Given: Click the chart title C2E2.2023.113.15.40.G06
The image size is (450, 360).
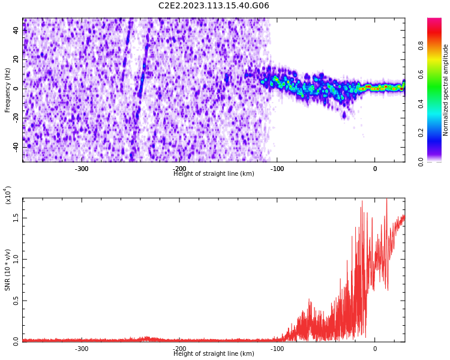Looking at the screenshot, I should pyautogui.click(x=214, y=6).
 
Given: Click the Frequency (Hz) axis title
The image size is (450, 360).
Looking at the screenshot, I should pyautogui.click(x=8, y=90).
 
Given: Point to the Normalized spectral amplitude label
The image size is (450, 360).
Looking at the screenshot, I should pyautogui.click(x=446, y=90).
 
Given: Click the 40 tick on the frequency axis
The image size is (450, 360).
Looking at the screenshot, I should pyautogui.click(x=16, y=31).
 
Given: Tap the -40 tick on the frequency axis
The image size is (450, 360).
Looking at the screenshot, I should pyautogui.click(x=15, y=146).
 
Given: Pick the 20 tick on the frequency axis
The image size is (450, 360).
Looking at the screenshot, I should pyautogui.click(x=16, y=59).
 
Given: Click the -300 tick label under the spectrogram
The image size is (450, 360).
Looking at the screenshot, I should pyautogui.click(x=82, y=169).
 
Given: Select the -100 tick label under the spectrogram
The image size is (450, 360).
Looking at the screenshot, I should pyautogui.click(x=277, y=169).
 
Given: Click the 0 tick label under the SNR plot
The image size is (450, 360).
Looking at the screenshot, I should pyautogui.click(x=375, y=349).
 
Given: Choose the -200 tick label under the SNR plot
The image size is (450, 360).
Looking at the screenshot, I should pyautogui.click(x=179, y=349).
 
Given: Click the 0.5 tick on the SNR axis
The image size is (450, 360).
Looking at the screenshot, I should pyautogui.click(x=16, y=301).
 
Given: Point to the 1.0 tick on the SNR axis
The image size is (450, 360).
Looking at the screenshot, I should pyautogui.click(x=16, y=259).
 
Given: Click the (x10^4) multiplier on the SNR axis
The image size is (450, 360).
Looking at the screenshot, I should pyautogui.click(x=8, y=195).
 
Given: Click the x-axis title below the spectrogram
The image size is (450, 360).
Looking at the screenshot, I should pyautogui.click(x=214, y=174).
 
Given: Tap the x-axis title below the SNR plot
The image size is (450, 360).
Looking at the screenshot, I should pyautogui.click(x=214, y=354).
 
